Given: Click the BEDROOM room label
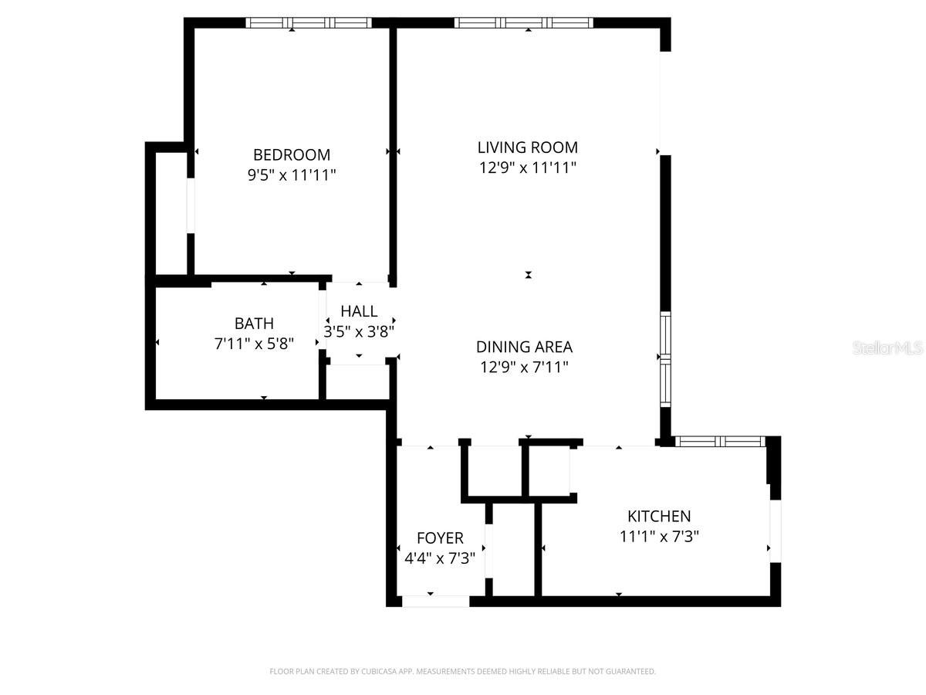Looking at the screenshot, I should (292, 154).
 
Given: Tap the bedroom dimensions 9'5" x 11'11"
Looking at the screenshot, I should (292, 175).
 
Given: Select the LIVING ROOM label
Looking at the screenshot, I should (527, 147).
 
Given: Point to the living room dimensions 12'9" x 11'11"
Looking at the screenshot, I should (527, 168).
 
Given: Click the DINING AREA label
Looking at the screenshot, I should (524, 347).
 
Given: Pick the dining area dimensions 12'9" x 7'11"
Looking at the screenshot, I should (524, 368).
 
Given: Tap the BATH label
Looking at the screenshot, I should (254, 324).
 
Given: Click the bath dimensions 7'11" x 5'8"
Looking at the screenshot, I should (254, 344).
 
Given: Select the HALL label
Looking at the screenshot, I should (359, 311).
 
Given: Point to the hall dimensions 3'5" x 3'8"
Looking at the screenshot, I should (359, 332).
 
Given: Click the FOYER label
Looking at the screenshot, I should (440, 537).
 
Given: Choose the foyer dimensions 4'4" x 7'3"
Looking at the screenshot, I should (440, 558).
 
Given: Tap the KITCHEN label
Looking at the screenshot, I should (658, 516).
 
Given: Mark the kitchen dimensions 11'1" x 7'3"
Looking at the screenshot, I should (658, 537).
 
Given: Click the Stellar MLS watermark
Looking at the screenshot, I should (887, 348).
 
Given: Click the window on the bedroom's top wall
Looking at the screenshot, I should (309, 23).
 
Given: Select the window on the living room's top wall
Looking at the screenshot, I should (524, 23).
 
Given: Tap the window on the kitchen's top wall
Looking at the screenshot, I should (719, 442).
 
